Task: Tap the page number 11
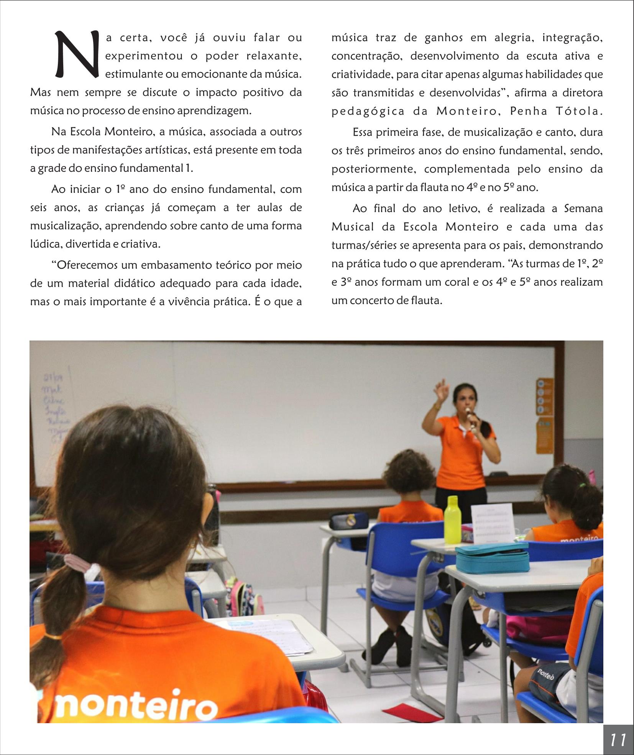(x=618, y=739)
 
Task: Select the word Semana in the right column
(x=583, y=209)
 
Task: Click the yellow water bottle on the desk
(x=452, y=519)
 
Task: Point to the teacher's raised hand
(x=443, y=391)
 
